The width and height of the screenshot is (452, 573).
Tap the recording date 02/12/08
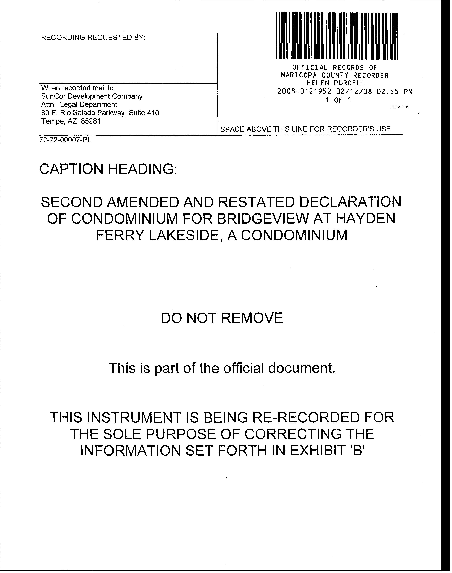[354, 92]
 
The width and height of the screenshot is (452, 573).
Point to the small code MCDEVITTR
[399, 107]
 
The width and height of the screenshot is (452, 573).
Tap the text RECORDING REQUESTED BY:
[93, 38]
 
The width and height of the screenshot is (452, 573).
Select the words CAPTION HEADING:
[108, 169]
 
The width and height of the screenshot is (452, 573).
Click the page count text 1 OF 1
[338, 100]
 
